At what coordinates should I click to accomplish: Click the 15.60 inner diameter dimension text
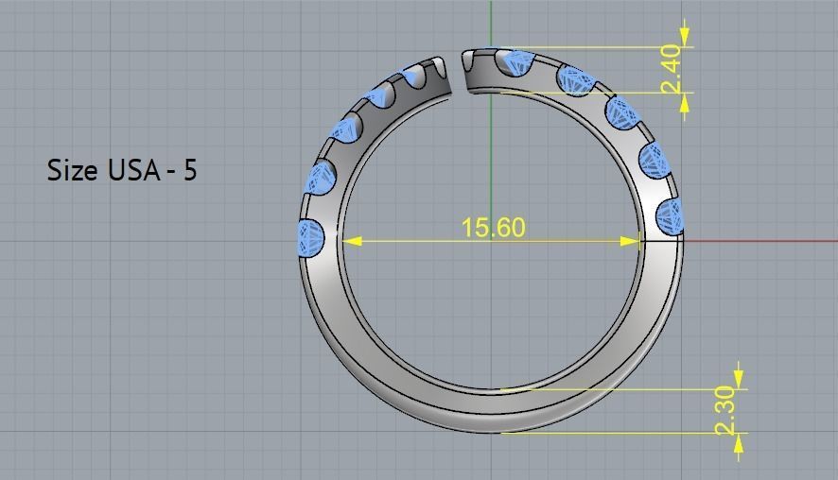coord(492,228)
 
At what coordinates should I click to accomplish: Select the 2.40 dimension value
coord(671,68)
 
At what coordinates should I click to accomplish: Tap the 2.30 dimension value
coord(725,410)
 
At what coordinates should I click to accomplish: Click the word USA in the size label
coord(129,171)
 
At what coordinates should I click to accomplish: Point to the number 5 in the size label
coord(190,171)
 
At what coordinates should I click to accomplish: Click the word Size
coord(73,171)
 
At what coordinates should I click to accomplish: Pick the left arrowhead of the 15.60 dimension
coord(351,241)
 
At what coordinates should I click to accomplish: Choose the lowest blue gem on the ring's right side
coord(669,215)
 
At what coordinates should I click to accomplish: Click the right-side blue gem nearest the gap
coord(515,63)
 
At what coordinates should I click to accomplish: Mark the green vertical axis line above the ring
coord(491,24)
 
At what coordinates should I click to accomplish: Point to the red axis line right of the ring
coord(757,240)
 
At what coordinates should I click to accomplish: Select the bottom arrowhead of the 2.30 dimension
coord(739,439)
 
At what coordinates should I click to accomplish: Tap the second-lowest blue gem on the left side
coord(321,178)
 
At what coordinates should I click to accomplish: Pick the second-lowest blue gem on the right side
coord(654,160)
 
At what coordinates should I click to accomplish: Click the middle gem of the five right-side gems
coord(623,113)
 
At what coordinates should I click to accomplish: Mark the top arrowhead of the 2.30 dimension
coord(739,382)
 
